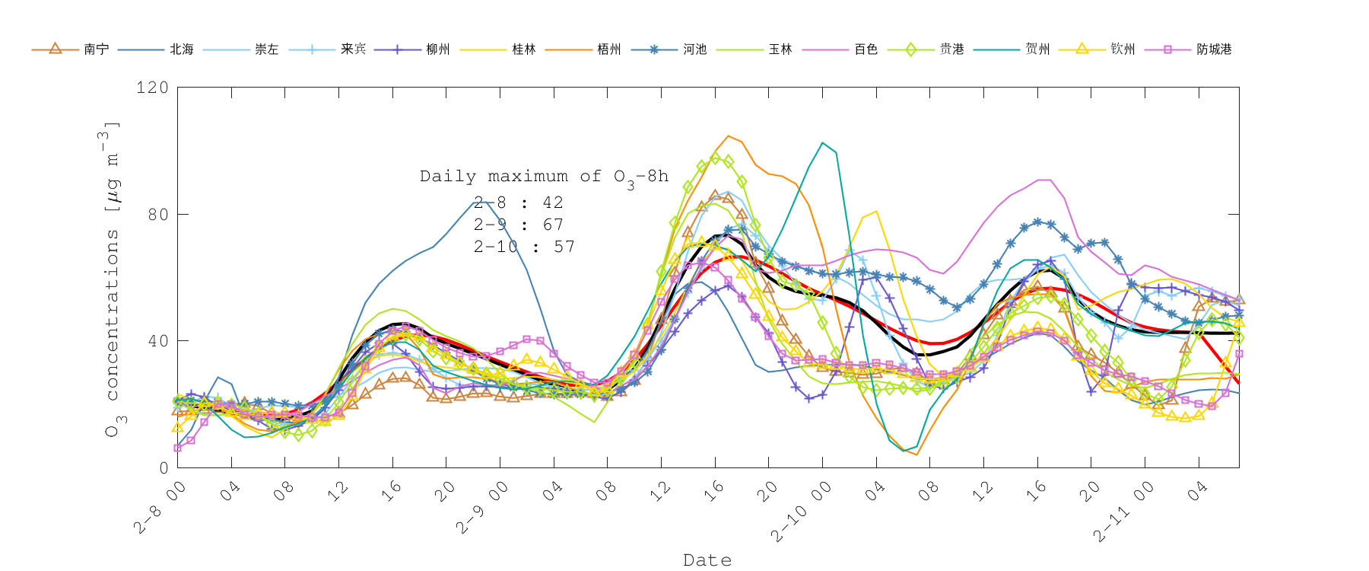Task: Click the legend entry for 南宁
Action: tap(96, 49)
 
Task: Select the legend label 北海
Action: tap(181, 49)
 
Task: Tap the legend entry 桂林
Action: tap(523, 49)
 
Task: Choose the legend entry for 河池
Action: tap(694, 49)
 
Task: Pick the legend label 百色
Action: tap(866, 49)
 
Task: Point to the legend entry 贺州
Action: tap(1037, 49)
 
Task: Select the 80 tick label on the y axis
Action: tap(157, 215)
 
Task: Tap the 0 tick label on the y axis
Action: tap(164, 468)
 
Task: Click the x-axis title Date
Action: tap(707, 560)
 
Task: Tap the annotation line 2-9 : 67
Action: tap(518, 225)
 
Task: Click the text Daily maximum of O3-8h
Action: tap(544, 177)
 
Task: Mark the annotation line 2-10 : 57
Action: tap(523, 247)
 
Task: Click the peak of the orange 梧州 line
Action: tap(729, 136)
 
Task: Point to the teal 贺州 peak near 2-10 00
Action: tap(822, 142)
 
